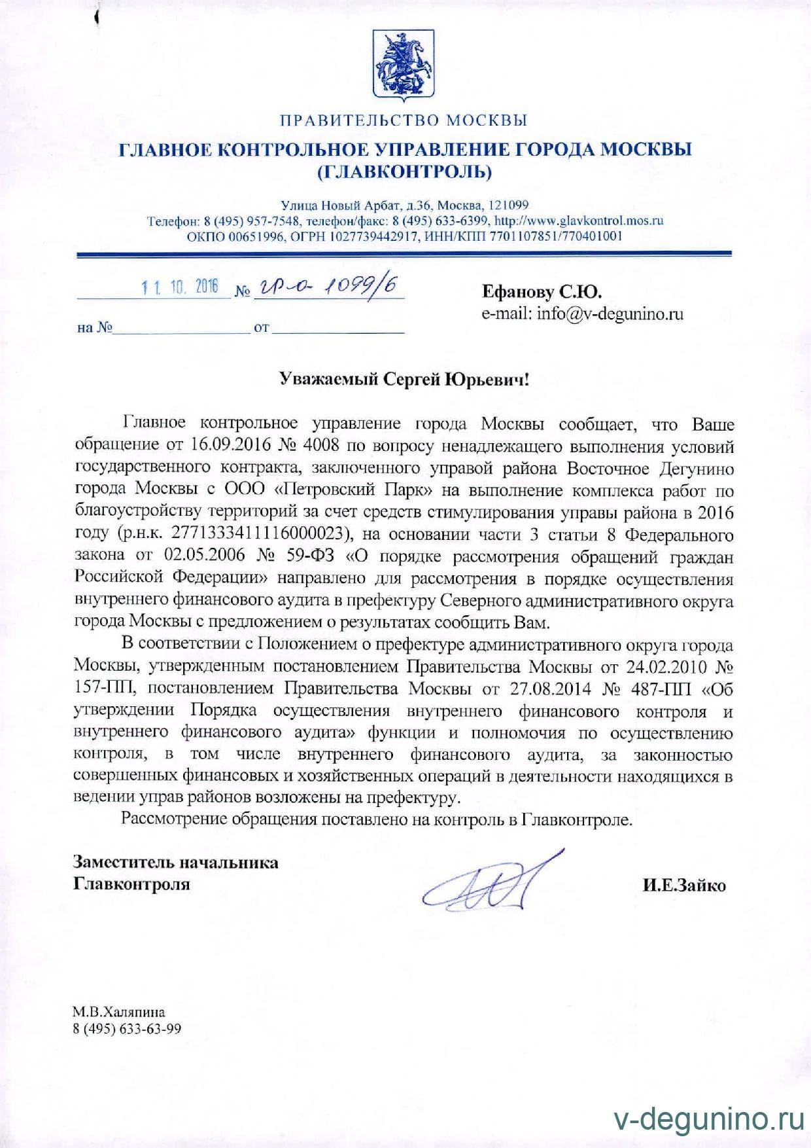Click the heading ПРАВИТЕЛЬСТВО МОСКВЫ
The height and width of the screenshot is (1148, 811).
404,120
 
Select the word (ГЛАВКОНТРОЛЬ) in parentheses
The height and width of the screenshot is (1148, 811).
404,171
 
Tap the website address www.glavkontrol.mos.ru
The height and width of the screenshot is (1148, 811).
578,221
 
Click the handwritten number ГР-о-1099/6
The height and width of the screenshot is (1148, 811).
326,286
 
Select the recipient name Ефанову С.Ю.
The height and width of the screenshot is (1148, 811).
542,291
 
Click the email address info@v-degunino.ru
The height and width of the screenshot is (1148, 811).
610,314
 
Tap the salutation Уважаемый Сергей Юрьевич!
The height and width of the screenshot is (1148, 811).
404,379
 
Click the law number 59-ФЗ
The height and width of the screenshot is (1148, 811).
310,556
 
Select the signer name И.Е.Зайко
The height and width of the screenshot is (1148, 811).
683,886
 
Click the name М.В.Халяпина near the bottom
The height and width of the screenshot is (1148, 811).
118,1013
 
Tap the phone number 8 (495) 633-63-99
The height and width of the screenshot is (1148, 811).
127,1029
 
